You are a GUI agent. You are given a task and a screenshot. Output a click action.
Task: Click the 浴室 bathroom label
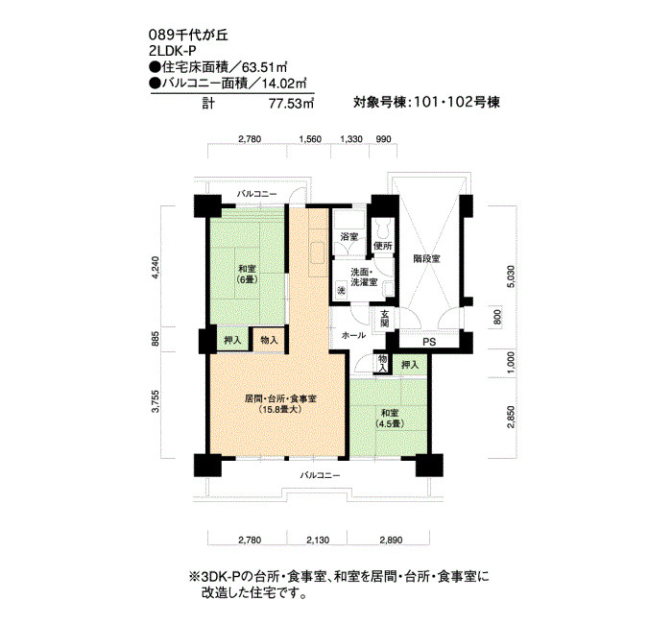(x=348, y=237)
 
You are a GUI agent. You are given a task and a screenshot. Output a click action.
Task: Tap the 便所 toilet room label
(x=383, y=247)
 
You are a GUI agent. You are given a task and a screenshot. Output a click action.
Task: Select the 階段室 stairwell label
(x=427, y=259)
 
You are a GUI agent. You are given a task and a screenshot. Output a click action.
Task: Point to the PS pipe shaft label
(x=429, y=342)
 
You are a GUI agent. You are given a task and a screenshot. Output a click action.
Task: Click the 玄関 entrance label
(x=384, y=319)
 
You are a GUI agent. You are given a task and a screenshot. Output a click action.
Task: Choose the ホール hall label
(x=353, y=335)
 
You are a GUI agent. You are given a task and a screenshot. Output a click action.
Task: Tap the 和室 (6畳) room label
(x=248, y=275)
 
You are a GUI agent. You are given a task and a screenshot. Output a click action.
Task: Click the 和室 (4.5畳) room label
(x=390, y=419)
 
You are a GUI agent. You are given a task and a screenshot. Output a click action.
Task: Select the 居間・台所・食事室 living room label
(x=280, y=404)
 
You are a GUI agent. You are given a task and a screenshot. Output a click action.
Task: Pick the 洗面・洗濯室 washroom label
(x=364, y=277)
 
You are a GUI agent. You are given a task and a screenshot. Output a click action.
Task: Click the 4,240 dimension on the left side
(x=156, y=268)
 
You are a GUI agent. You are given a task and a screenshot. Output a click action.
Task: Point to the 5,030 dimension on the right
(x=510, y=276)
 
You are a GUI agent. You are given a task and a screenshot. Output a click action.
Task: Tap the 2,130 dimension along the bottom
(x=318, y=540)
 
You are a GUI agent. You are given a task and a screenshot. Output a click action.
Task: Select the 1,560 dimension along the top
(x=310, y=139)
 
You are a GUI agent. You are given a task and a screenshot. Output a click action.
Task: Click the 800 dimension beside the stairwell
(x=497, y=317)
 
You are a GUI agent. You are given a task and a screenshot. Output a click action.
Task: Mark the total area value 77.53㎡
(x=292, y=104)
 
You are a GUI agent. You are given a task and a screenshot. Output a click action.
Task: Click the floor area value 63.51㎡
(x=264, y=68)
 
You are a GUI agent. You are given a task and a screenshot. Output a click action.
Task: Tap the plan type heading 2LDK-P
(x=172, y=51)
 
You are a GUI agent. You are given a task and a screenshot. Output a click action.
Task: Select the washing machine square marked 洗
(x=341, y=290)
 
